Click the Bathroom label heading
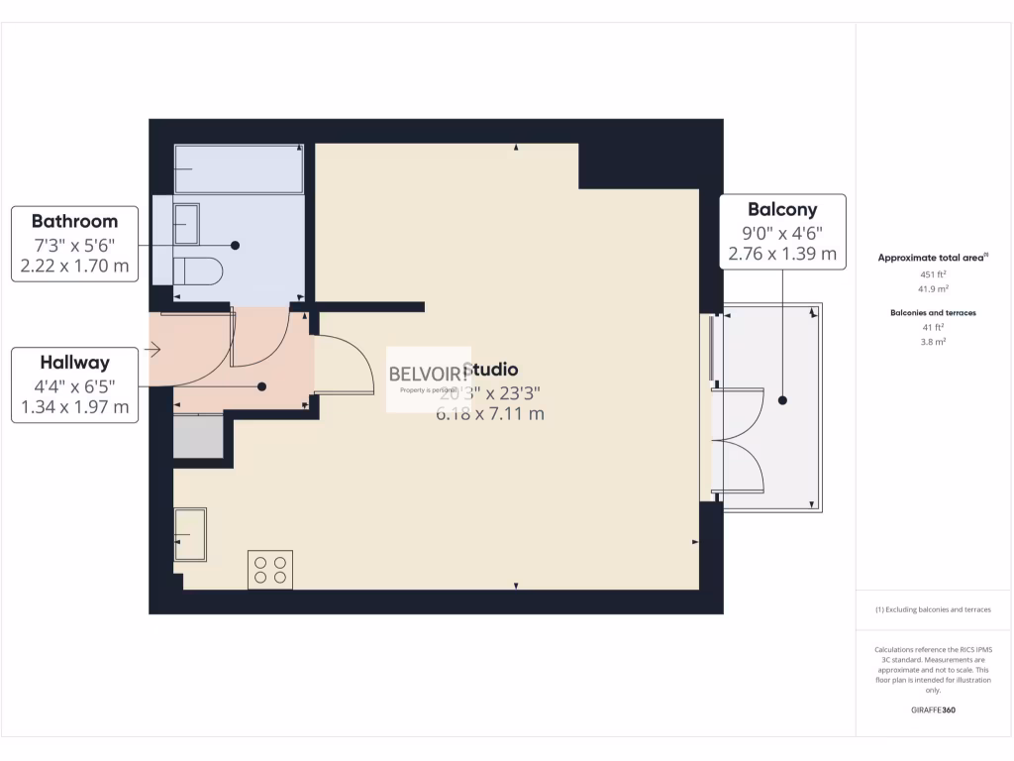click(x=74, y=221)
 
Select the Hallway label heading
click(x=74, y=363)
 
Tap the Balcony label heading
click(x=782, y=209)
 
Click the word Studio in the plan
click(x=490, y=371)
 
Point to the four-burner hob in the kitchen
click(x=269, y=569)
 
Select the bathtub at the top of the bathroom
click(x=239, y=169)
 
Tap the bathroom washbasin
click(x=185, y=224)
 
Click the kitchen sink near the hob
click(x=190, y=535)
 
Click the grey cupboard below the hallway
click(x=198, y=436)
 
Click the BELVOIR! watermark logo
click(x=428, y=374)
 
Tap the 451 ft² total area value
click(x=932, y=275)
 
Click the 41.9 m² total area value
click(x=932, y=288)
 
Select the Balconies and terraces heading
click(x=932, y=313)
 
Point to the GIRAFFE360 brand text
click(x=932, y=709)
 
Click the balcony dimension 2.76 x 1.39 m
click(x=782, y=254)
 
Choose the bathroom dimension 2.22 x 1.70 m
click(x=74, y=266)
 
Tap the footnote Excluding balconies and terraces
click(x=932, y=609)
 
